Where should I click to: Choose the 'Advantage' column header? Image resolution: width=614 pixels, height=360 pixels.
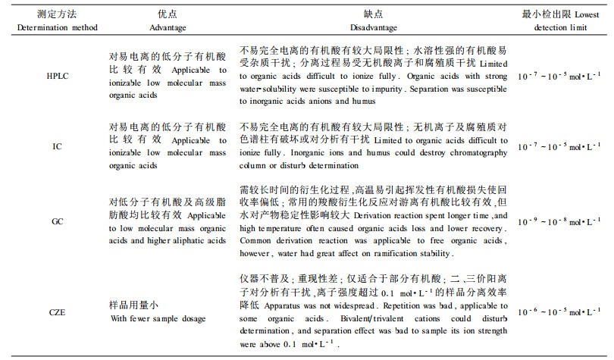(x=168, y=27)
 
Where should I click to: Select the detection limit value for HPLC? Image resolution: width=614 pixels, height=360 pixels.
(x=560, y=77)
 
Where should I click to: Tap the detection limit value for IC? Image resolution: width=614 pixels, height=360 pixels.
(x=560, y=145)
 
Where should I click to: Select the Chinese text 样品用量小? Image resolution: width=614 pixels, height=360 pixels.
(x=132, y=305)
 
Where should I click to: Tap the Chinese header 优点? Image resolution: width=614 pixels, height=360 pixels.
(x=168, y=14)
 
